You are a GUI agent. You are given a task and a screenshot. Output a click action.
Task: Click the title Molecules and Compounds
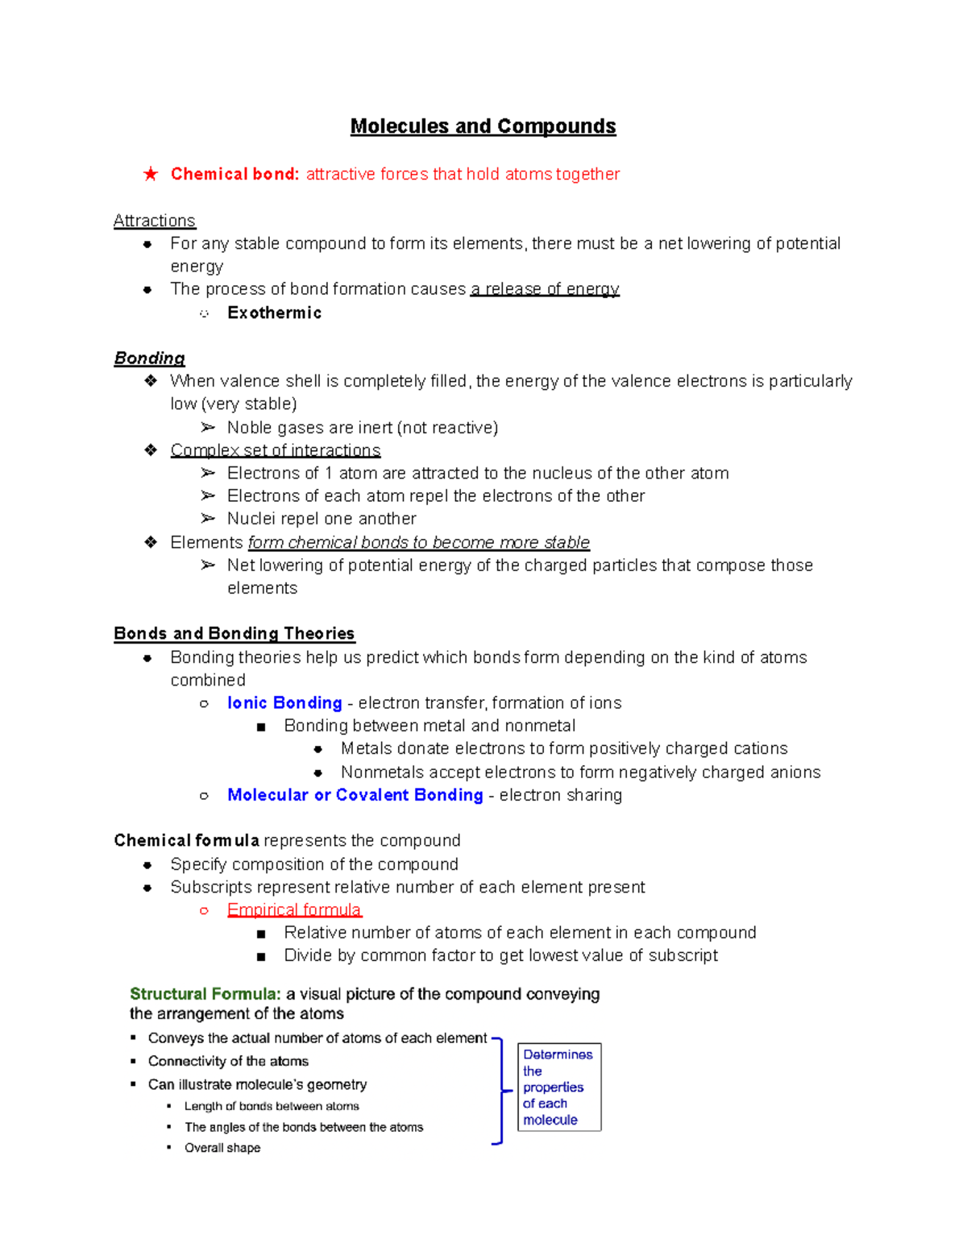tap(483, 126)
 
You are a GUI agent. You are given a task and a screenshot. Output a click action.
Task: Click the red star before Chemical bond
tap(151, 174)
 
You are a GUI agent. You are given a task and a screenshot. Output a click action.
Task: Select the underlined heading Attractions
tap(154, 221)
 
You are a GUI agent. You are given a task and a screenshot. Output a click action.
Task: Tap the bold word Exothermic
tap(274, 313)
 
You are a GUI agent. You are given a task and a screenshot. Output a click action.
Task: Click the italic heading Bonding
tap(149, 358)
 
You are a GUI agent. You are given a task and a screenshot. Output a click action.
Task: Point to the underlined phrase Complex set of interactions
tap(275, 450)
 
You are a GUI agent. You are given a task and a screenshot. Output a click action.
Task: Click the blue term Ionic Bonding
tap(284, 703)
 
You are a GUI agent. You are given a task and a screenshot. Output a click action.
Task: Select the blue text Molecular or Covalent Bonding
tap(355, 795)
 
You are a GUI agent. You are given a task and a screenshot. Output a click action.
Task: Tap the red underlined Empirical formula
tap(294, 910)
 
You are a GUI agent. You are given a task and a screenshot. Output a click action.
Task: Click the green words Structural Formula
tap(205, 994)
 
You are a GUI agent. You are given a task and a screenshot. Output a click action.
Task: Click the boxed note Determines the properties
tap(558, 1087)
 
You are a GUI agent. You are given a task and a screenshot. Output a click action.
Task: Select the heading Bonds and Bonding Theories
tap(234, 634)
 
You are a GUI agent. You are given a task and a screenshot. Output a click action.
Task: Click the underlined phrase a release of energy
tap(545, 289)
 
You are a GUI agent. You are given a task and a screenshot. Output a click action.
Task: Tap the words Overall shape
tap(222, 1148)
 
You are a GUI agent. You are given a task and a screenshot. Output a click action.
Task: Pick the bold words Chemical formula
tap(186, 841)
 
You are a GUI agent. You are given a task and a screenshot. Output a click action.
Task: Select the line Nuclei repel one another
tap(322, 519)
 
